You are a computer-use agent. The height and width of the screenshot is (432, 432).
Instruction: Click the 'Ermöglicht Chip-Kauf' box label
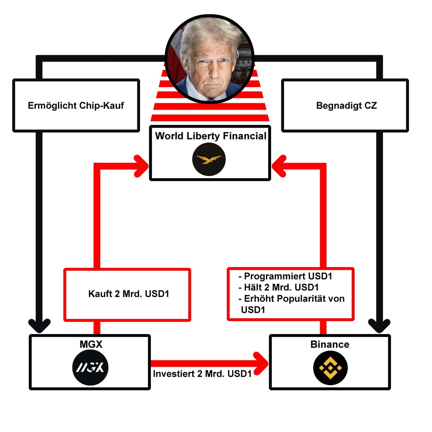[76, 105]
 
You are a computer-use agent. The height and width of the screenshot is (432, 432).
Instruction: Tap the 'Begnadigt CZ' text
[346, 105]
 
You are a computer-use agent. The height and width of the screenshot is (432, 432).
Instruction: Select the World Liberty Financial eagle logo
[209, 159]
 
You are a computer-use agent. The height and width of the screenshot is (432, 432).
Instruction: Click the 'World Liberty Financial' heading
[210, 136]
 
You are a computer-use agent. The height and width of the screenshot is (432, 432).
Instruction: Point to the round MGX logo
[90, 367]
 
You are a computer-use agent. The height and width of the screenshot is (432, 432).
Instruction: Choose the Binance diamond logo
[330, 368]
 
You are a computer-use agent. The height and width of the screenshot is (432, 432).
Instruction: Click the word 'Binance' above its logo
[330, 344]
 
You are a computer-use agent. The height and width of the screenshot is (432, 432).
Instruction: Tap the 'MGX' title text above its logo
[91, 344]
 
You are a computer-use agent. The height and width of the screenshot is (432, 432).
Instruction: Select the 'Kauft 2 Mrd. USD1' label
[129, 294]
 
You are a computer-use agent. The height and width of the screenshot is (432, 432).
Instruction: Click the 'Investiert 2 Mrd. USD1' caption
[202, 374]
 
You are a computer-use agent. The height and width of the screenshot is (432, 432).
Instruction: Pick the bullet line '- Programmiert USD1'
[285, 276]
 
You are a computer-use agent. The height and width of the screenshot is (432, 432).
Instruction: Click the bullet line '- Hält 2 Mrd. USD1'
[278, 287]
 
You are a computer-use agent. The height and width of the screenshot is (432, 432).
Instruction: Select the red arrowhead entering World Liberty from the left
[142, 166]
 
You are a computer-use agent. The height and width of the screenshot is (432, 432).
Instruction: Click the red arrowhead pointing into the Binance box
[262, 364]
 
